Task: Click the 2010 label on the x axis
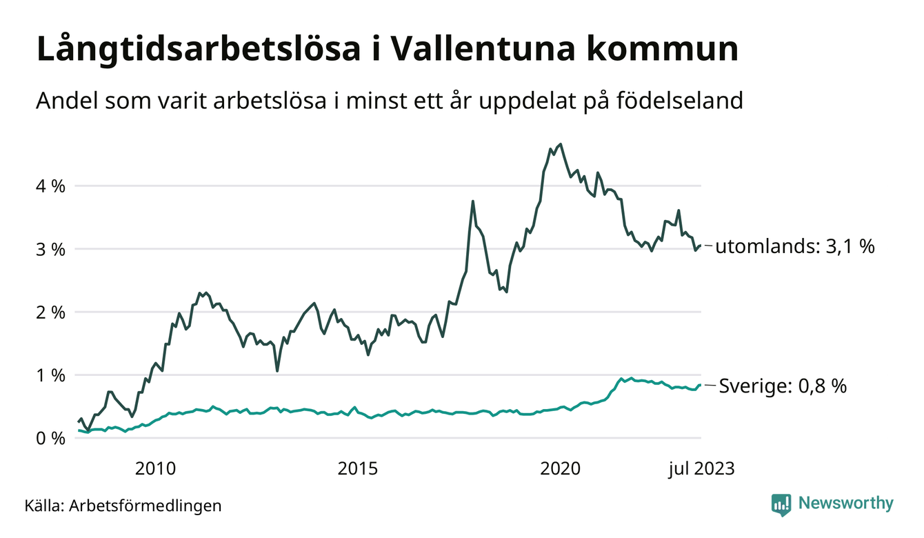pos(155,470)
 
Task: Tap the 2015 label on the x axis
pos(358,470)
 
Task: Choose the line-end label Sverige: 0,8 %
pos(783,386)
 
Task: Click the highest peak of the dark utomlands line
pos(561,144)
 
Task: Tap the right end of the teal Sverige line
pos(701,386)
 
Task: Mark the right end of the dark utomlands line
pos(701,246)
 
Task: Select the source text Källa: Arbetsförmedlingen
pos(123,506)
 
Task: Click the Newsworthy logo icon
pos(781,504)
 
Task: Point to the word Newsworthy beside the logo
pos(845,504)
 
